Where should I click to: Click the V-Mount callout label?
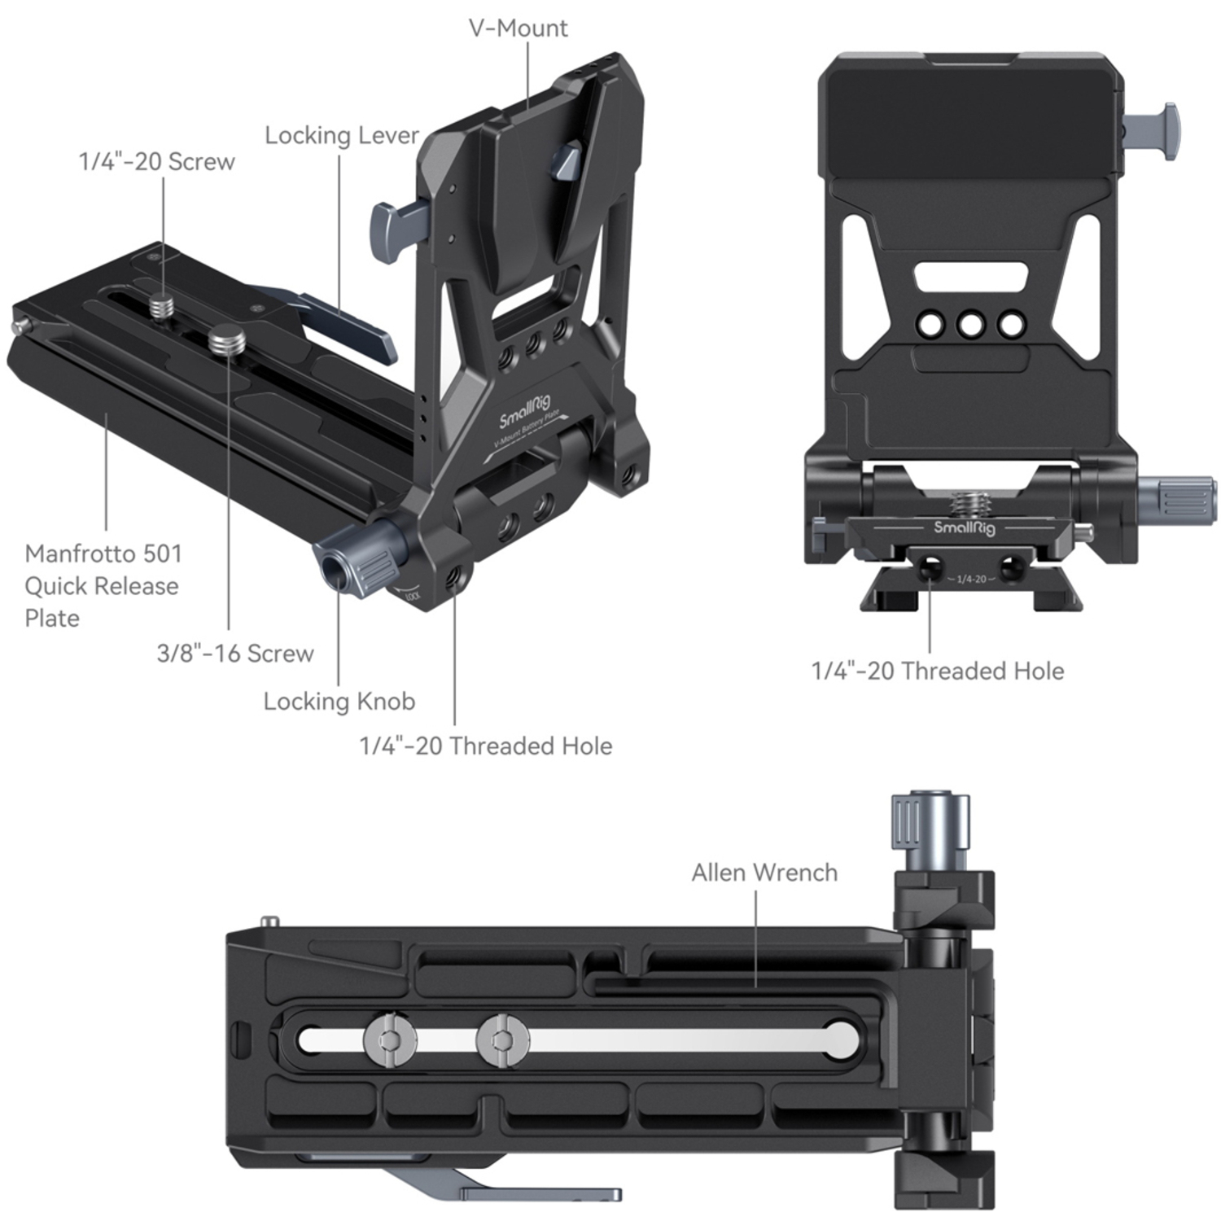(518, 28)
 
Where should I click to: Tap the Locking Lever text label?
(341, 135)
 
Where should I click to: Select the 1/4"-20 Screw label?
(156, 162)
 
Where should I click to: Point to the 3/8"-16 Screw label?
(234, 653)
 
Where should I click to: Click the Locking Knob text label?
(339, 702)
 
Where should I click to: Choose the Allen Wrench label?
(764, 873)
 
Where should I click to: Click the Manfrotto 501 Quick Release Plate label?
(103, 585)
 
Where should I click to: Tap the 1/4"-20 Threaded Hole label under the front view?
(937, 671)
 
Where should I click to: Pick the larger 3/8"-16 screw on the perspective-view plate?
(225, 339)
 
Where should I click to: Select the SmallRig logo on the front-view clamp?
(964, 527)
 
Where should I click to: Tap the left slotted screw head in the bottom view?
(391, 1039)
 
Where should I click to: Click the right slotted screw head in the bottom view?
(503, 1039)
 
